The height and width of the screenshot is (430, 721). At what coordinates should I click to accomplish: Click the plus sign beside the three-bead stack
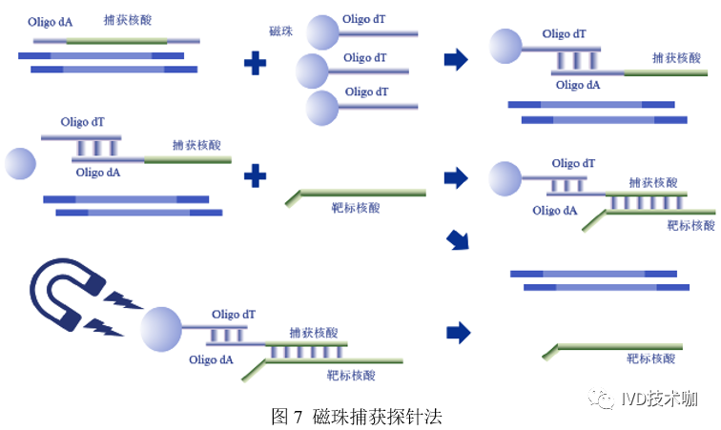point(256,63)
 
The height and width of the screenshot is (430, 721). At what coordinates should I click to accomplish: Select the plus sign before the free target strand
point(256,175)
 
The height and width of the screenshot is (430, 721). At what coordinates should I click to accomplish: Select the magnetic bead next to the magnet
point(162,330)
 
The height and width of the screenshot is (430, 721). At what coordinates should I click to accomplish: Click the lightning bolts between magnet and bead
point(121,312)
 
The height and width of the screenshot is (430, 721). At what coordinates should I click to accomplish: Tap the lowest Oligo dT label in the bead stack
point(366,92)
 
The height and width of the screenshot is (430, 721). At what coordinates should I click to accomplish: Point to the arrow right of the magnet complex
point(459,332)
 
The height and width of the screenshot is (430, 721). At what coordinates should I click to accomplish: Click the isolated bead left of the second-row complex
point(21,163)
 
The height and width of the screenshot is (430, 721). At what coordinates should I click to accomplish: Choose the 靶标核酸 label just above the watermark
point(651,359)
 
